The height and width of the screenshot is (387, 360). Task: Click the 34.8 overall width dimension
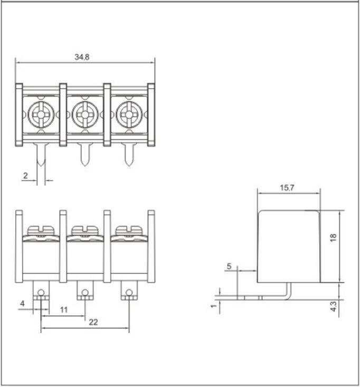pyautogui.click(x=82, y=57)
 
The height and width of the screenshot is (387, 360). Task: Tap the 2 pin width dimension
pyautogui.click(x=25, y=176)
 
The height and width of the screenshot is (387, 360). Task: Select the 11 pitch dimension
pyautogui.click(x=63, y=310)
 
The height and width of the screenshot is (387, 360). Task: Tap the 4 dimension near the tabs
pyautogui.click(x=23, y=303)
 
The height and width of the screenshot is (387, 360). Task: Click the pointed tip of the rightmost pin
pyautogui.click(x=128, y=166)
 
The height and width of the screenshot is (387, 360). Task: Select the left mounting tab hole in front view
pyautogui.click(x=41, y=291)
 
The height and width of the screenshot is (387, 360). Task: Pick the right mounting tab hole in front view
pyautogui.click(x=128, y=291)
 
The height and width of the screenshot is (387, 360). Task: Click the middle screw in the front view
pyautogui.click(x=84, y=230)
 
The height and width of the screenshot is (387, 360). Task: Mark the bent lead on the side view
pyautogui.click(x=288, y=291)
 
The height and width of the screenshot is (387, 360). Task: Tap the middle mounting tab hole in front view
pyautogui.click(x=84, y=291)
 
